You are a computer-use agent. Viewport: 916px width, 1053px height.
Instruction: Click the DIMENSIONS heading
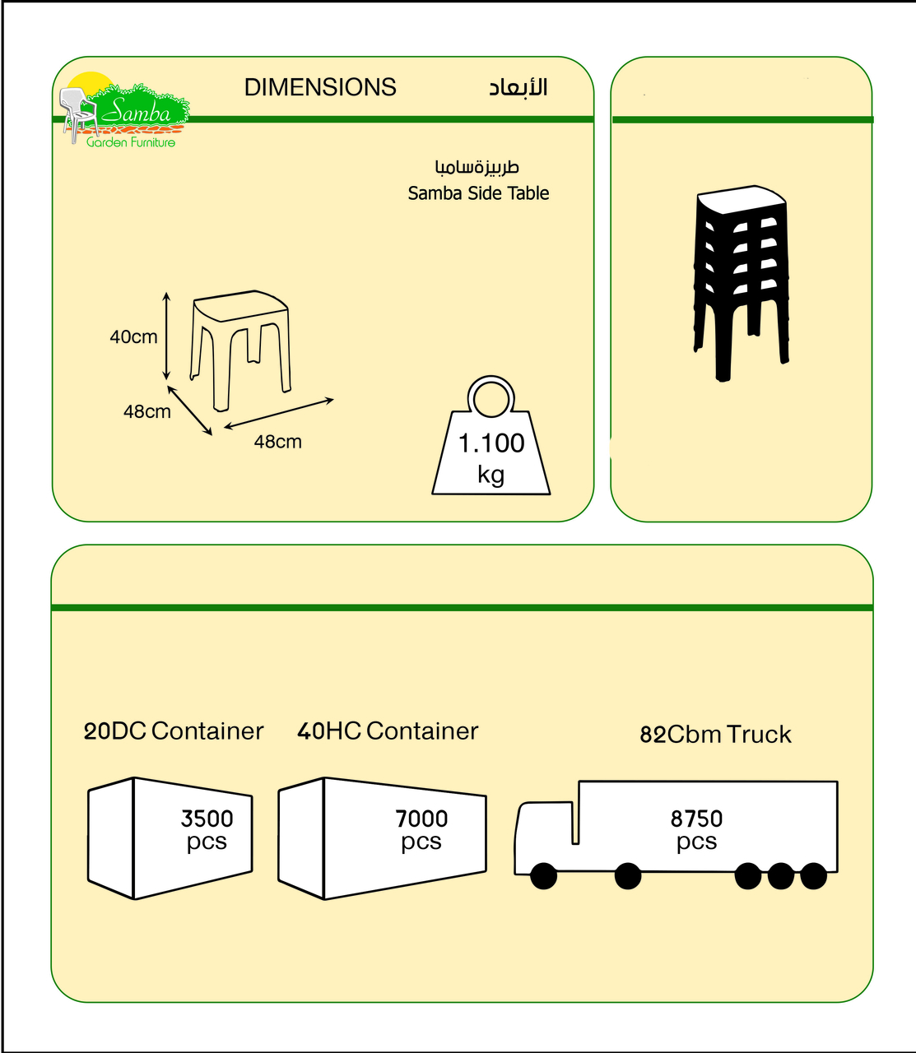[320, 87]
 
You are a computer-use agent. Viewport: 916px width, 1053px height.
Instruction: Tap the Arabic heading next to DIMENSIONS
[518, 87]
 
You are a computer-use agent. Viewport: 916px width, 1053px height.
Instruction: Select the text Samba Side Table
[478, 193]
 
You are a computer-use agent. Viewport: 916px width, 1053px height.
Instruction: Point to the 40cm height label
[133, 336]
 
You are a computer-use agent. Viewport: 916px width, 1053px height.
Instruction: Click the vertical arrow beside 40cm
[166, 336]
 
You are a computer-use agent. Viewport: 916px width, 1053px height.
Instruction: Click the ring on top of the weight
[491, 398]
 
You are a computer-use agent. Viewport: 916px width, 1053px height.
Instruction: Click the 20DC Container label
[174, 731]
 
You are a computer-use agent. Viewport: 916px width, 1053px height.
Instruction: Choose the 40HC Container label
[388, 731]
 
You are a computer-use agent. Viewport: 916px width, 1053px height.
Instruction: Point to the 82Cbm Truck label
[715, 734]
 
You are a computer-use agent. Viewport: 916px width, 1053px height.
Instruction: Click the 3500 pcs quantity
[207, 829]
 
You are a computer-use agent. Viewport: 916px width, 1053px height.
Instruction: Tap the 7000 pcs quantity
[421, 829]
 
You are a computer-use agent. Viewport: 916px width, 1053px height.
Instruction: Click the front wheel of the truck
[543, 876]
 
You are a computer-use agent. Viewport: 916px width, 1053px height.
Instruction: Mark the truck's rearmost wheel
[813, 876]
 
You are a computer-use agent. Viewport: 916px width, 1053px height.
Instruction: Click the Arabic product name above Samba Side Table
[477, 167]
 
